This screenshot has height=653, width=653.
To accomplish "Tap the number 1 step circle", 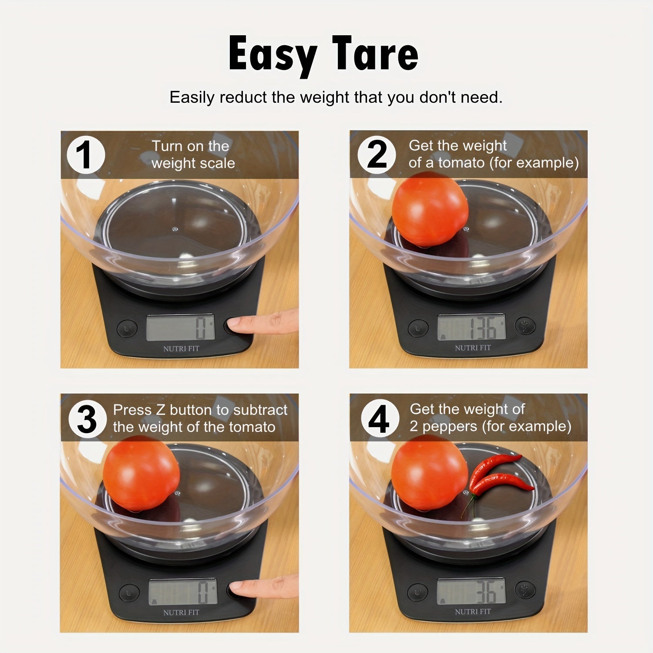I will pyautogui.click(x=86, y=155).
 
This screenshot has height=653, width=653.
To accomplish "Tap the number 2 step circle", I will pyautogui.click(x=377, y=155).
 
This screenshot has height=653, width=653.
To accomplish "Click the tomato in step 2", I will pyautogui.click(x=430, y=209).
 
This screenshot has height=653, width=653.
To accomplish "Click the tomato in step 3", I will pyautogui.click(x=141, y=473).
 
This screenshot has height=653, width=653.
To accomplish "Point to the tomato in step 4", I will pyautogui.click(x=429, y=472).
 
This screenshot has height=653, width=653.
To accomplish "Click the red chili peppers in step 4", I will pyautogui.click(x=501, y=475).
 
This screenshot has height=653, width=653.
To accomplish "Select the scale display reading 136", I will pyautogui.click(x=472, y=327).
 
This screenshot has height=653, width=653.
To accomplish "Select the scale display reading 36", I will pyautogui.click(x=472, y=591).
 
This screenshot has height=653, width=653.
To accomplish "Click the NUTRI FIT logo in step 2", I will pyautogui.click(x=473, y=348).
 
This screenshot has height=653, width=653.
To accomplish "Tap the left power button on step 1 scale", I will pyautogui.click(x=127, y=328).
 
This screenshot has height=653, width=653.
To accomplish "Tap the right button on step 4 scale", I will pyautogui.click(x=525, y=590).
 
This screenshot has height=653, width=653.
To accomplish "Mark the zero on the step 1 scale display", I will pyautogui.click(x=201, y=328).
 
